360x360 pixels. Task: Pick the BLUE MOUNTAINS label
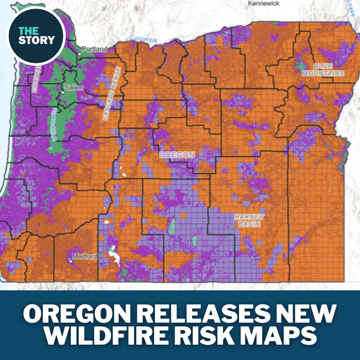[x=323, y=69]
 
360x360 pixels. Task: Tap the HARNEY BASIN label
[x=249, y=220]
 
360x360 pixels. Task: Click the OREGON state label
[x=177, y=155]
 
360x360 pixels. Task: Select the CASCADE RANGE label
[x=112, y=93]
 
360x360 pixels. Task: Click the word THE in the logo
[x=27, y=31]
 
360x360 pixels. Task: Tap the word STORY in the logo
[x=36, y=40]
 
